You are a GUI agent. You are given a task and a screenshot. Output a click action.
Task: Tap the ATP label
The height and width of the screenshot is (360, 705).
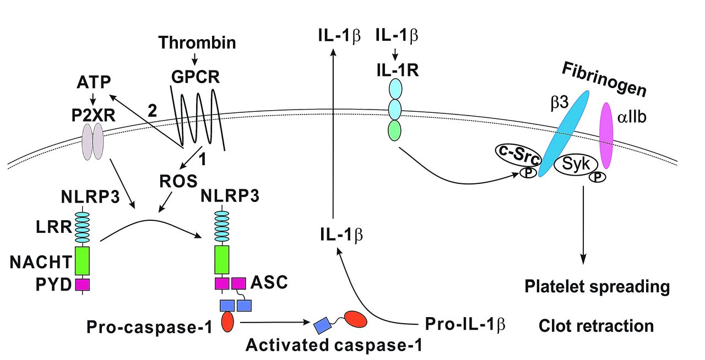[94, 83]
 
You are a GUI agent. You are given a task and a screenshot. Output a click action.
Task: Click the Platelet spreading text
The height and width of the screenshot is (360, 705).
[597, 287]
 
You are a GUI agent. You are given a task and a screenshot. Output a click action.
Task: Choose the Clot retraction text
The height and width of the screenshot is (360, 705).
[596, 325]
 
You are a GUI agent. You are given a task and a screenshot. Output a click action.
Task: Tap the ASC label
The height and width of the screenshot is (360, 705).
[269, 283]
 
